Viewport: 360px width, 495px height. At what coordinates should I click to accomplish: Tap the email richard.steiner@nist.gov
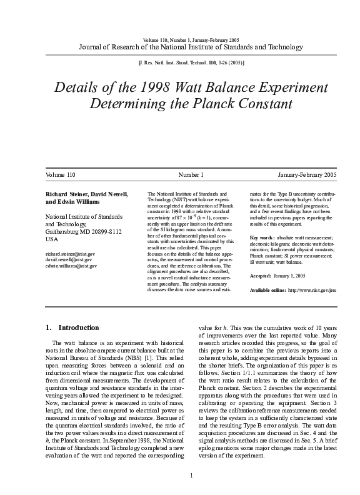tap(71, 254)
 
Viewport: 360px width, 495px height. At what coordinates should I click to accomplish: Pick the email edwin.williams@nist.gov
tap(72, 266)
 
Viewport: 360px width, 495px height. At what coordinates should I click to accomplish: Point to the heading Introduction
tap(78, 327)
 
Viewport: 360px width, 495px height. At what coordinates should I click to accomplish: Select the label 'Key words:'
tap(262, 238)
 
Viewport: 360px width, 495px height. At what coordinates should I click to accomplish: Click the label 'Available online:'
tap(268, 291)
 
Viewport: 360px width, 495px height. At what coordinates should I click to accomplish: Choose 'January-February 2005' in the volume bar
tap(307, 175)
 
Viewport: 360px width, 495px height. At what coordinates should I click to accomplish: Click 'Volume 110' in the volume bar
tap(61, 175)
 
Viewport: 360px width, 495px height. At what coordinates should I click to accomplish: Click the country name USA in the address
tap(52, 239)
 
